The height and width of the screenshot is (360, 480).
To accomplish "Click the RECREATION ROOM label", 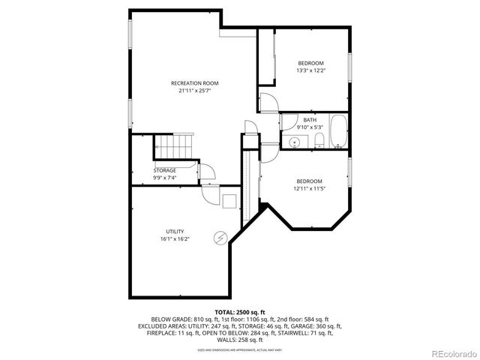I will coord(194,82).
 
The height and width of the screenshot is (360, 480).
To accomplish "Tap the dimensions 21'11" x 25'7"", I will coord(194,91).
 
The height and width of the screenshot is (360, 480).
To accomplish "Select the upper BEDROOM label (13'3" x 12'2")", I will coord(310,63).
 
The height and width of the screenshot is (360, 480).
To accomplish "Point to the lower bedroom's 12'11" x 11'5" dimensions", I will coord(309,189).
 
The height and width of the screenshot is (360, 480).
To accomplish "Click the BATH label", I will coord(310,120).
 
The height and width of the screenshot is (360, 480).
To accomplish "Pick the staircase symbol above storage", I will coord(174,146).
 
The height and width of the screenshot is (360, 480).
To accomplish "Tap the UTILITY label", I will coord(175,231).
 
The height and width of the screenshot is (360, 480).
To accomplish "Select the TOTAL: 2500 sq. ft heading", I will coord(239,311).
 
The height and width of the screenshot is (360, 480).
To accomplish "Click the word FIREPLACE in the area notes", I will coord(154,334).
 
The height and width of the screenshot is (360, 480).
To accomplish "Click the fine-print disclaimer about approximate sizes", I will coord(239,349).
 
